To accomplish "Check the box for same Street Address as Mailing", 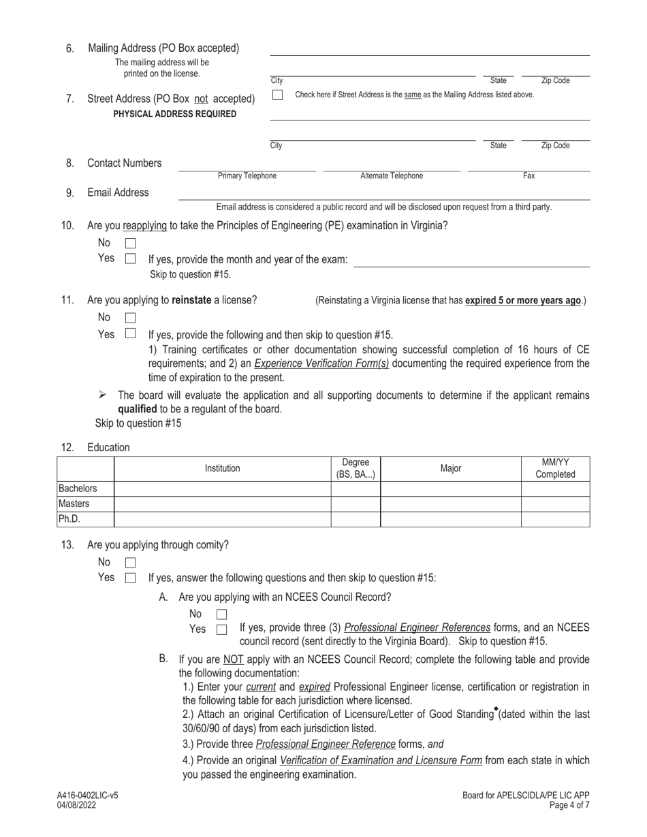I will (x=277, y=95).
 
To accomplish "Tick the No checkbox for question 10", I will (x=130, y=243).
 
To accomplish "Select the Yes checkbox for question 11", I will (x=130, y=334).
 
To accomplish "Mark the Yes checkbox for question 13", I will (x=130, y=578).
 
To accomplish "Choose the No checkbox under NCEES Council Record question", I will (x=221, y=614).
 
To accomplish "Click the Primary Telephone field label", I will (x=247, y=176).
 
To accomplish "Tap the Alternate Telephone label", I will (x=392, y=176).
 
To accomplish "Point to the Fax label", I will (x=528, y=176).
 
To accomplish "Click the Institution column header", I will (x=223, y=468).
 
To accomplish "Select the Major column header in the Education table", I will (x=451, y=468).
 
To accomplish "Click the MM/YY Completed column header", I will (x=555, y=468).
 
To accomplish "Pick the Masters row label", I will (x=74, y=504).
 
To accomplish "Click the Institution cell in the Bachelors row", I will (x=223, y=489).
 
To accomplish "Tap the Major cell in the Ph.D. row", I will (x=451, y=519).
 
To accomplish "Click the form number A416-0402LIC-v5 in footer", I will (x=87, y=795).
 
